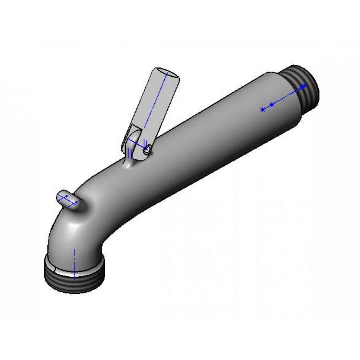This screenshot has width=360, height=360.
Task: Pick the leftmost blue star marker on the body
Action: [263, 109]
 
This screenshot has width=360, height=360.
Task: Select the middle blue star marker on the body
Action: [272, 104]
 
